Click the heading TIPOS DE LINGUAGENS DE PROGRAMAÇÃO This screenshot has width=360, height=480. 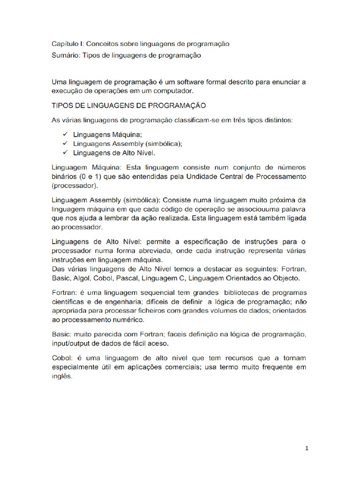(x=128, y=105)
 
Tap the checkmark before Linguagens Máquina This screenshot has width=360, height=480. (x=64, y=135)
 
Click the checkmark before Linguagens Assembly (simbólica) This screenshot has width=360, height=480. (x=64, y=143)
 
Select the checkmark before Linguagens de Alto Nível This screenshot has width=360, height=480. (x=64, y=153)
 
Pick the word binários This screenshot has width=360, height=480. (x=65, y=177)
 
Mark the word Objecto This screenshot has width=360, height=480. (x=285, y=278)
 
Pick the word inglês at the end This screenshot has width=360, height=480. (x=61, y=376)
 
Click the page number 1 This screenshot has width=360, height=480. (x=307, y=448)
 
